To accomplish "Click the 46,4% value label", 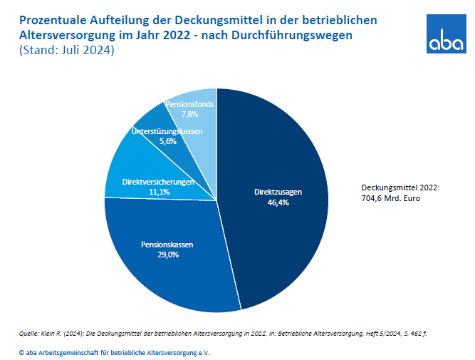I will click(278, 202).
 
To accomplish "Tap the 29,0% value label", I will click(168, 255).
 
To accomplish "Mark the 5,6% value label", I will click(167, 141).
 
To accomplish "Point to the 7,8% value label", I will click(190, 114).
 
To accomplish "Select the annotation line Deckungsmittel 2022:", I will click(400, 187).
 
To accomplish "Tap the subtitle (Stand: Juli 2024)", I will click(63, 51).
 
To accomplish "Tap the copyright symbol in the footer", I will click(21, 352).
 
